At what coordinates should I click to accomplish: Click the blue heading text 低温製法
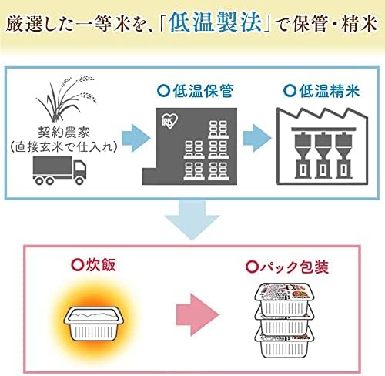(216, 22)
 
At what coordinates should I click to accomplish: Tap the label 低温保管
(203, 91)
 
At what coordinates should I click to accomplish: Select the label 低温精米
(330, 91)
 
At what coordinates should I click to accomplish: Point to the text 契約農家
(64, 133)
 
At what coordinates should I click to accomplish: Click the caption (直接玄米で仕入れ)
(64, 147)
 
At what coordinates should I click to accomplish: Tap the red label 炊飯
(101, 265)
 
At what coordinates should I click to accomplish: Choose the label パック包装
(294, 267)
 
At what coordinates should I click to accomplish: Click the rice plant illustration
(66, 99)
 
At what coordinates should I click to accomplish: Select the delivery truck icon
(59, 170)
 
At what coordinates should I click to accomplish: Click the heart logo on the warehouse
(170, 121)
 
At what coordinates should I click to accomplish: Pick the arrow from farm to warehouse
(136, 138)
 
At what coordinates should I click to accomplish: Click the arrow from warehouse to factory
(257, 138)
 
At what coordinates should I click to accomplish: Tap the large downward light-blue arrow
(192, 220)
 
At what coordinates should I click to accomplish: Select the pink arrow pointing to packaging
(198, 315)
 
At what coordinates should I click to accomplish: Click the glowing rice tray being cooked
(94, 324)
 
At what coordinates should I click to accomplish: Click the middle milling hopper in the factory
(323, 155)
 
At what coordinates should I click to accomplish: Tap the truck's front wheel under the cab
(79, 181)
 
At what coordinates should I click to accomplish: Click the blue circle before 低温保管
(163, 91)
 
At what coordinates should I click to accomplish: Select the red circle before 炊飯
(77, 265)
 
